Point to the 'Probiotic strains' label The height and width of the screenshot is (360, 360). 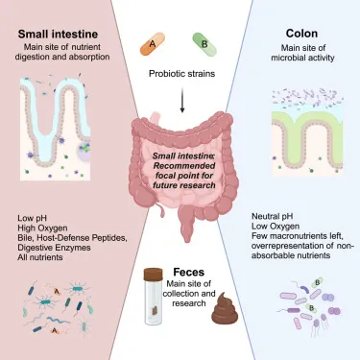(180, 72)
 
